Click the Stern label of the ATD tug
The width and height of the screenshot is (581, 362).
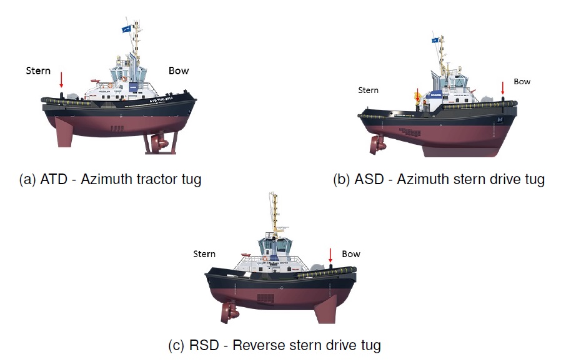pos(38,71)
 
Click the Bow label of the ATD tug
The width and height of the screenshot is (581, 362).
pos(179,71)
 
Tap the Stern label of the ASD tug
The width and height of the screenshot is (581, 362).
pos(368,90)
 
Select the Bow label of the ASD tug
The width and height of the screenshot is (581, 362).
pos(522,81)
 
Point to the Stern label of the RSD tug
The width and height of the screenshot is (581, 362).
pos(204,254)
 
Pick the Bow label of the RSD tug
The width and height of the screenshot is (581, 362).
pos(351,254)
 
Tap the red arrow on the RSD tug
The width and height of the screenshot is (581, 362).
pos(330,255)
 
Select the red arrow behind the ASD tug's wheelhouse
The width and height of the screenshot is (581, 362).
pos(417,95)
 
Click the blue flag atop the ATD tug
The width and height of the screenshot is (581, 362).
pos(127,28)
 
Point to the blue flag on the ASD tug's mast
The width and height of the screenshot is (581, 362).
pos(435,40)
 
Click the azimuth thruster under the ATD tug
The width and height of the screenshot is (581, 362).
pos(157,143)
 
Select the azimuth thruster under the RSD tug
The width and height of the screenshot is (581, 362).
pos(228,310)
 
